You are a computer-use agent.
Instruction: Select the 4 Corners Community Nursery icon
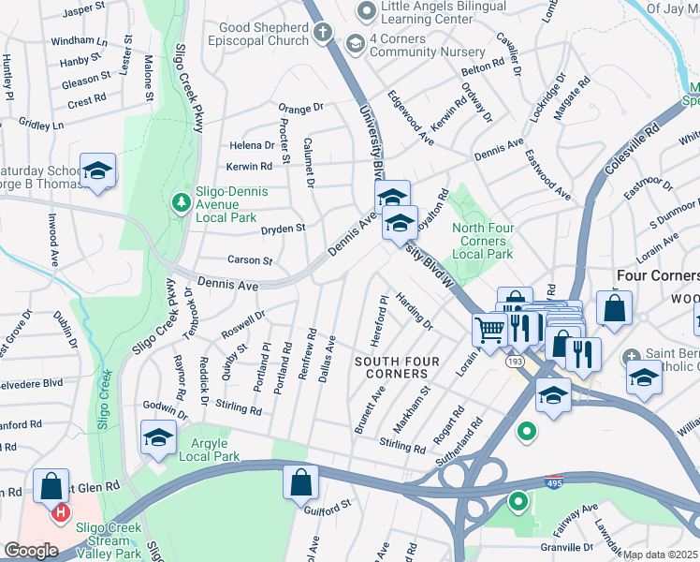[355, 43]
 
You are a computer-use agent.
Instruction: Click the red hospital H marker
[61, 512]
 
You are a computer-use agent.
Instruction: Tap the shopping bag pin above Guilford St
[300, 483]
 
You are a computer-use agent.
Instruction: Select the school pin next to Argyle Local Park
[158, 437]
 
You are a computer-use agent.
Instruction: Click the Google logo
[31, 550]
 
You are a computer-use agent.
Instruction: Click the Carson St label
[249, 260]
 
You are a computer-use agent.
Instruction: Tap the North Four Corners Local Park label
[483, 241]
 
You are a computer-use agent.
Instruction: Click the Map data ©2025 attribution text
[661, 555]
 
